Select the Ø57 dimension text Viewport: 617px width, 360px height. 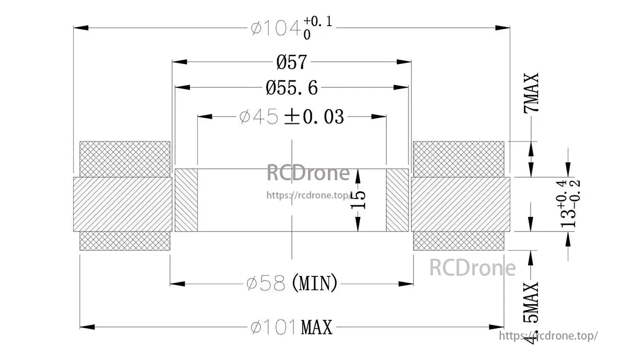coord(292,62)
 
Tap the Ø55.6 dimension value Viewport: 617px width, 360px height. coord(292,88)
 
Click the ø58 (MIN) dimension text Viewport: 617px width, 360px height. coord(292,284)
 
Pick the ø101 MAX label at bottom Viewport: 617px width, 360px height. coord(292,328)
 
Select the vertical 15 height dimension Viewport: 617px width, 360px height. coord(359,200)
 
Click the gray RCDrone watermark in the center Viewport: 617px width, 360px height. coord(308,173)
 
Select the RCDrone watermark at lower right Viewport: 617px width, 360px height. coord(472,268)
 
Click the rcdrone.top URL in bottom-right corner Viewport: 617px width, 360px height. coord(548,336)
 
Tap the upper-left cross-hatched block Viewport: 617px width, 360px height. coord(124,159)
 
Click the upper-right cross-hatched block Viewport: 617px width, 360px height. coord(459,159)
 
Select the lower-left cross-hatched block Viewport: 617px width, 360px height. coord(124,241)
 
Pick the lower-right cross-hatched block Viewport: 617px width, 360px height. coord(459,241)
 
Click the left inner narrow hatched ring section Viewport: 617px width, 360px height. coord(186,200)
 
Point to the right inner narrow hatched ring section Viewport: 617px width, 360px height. coord(397,200)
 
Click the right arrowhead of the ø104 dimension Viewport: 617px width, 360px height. coord(503,28)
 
